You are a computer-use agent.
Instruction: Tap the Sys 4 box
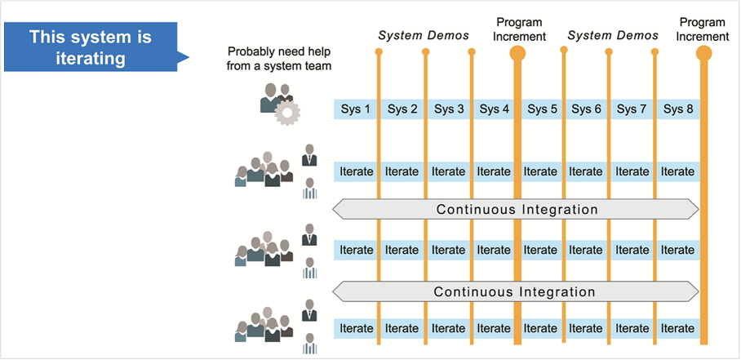[x=495, y=109]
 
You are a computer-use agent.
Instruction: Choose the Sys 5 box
[x=542, y=109]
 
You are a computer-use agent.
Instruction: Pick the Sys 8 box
[x=678, y=109]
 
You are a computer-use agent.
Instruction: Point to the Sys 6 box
[x=587, y=109]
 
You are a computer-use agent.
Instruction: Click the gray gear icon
[x=287, y=112]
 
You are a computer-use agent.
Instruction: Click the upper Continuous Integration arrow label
[x=516, y=209]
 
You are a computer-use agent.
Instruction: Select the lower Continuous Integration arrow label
[x=516, y=291]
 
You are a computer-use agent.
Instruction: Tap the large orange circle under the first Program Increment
[x=517, y=53]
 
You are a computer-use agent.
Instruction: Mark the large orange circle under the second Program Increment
[x=703, y=53]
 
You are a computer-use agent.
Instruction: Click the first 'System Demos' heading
[x=424, y=36]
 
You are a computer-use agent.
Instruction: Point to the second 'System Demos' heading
[x=613, y=36]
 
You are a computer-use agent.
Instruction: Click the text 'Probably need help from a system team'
[x=279, y=59]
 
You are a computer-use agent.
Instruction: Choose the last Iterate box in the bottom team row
[x=678, y=328]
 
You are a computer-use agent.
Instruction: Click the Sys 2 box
[x=402, y=109]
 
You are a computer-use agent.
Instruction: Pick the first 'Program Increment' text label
[x=519, y=29]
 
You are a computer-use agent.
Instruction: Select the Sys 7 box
[x=632, y=109]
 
